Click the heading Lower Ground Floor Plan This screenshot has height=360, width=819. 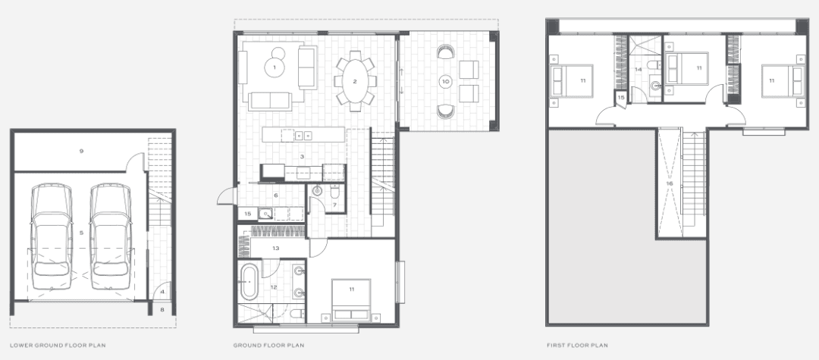point(58,346)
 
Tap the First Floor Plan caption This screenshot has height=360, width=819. point(577,346)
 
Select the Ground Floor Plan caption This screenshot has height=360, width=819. point(268,346)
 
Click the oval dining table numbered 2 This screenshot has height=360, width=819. point(355,81)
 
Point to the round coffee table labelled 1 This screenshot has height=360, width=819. point(275,67)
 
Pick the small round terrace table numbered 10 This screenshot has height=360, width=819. point(445,81)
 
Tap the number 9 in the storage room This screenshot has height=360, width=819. point(81,152)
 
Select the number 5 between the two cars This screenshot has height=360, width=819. point(81,233)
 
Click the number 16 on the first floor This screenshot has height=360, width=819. point(670,183)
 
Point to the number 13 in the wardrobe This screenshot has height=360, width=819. point(276,249)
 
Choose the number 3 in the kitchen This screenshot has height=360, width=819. point(302,157)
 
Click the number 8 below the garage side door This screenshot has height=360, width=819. point(162,309)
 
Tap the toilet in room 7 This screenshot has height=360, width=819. point(335,193)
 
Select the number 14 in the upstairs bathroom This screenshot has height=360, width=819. point(639,70)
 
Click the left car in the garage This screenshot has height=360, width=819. point(52,236)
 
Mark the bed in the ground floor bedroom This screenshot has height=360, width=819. point(352,299)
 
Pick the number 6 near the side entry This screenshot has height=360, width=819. point(276,195)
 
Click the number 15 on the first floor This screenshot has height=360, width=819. point(621,98)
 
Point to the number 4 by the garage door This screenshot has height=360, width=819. point(162,292)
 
